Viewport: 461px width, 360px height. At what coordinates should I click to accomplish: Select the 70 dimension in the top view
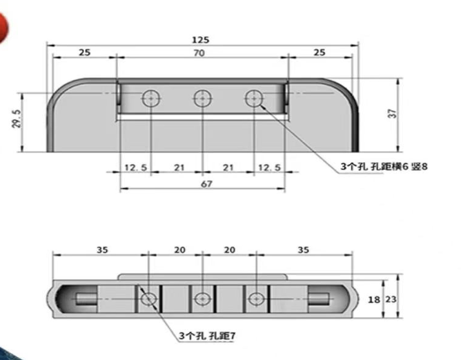pos(199,52)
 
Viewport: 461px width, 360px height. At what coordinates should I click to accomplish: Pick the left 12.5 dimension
pos(135,168)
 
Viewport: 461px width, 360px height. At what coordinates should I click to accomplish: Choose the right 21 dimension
pos(228,168)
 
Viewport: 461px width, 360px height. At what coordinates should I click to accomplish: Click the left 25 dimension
pos(84,52)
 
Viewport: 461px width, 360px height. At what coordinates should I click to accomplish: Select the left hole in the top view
pos(150,99)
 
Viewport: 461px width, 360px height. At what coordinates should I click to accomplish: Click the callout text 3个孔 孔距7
pos(207,335)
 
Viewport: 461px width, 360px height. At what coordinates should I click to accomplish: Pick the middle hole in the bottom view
pos(202,299)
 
